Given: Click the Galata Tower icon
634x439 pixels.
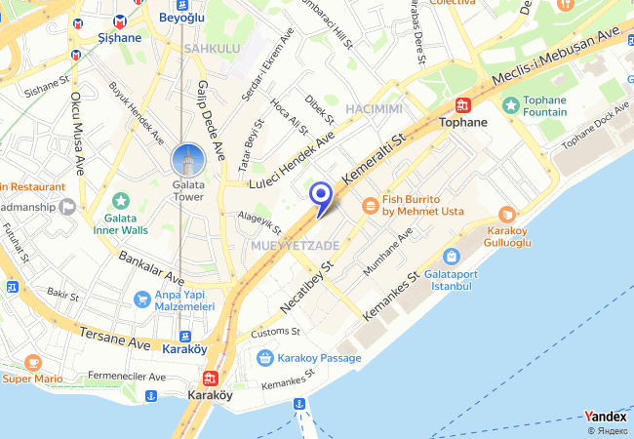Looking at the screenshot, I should point(187,159).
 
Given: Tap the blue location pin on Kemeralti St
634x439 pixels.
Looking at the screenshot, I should point(321,196).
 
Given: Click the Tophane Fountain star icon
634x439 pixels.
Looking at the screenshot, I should point(509,104).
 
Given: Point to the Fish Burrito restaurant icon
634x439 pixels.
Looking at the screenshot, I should point(370,205).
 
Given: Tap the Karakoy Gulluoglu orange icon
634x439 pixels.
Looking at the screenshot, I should point(506,215).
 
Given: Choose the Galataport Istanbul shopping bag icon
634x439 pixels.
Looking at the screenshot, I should point(451,257).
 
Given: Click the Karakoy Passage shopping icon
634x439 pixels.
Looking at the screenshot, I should point(264,358).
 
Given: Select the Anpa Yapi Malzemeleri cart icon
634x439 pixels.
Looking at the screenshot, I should point(142,299).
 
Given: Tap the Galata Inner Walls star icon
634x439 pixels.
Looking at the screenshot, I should point(121,201).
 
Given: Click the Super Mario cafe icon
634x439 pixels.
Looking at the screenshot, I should point(33,362).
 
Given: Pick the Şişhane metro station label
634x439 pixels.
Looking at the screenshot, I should point(120,38).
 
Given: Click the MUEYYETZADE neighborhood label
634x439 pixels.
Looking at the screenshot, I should point(295,245).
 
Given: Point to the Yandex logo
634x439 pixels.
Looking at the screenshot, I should point(605,417).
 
